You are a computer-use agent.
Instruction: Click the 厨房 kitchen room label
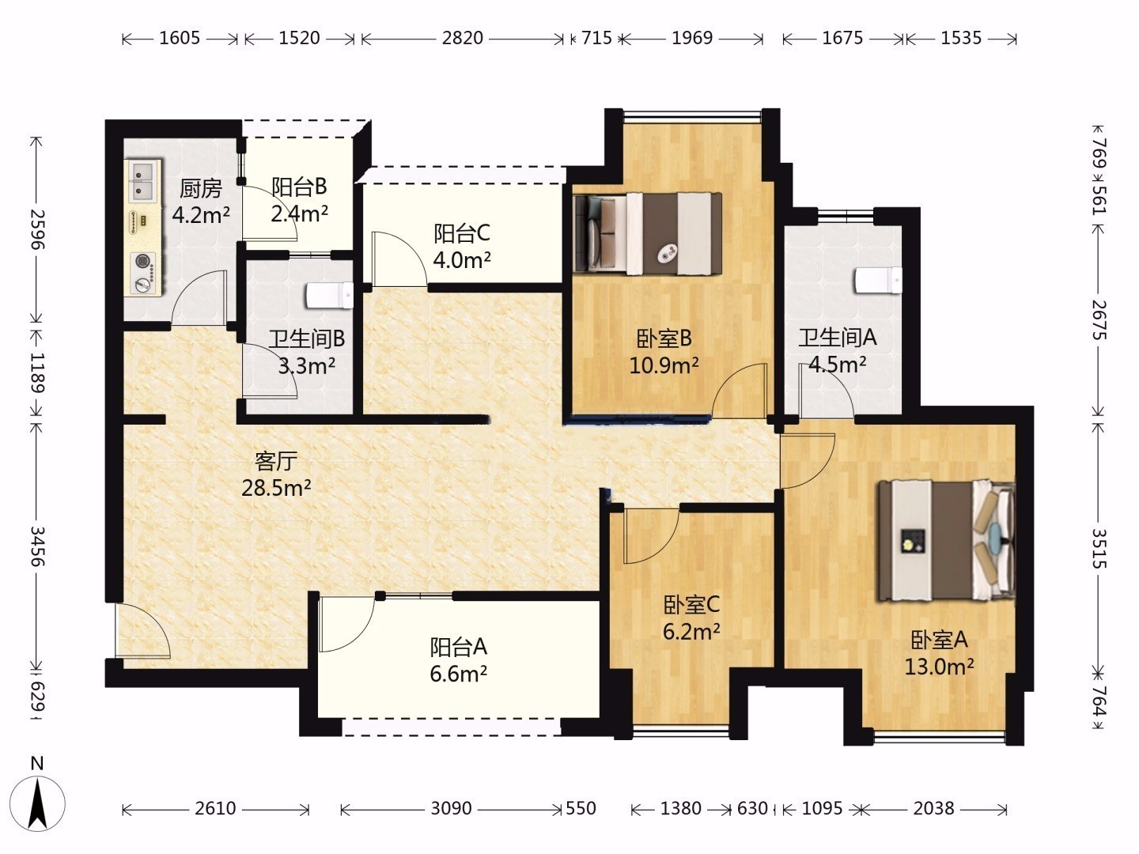point(201,189)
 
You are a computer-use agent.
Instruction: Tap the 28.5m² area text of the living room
point(276,487)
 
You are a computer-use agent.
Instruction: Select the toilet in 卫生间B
point(330,295)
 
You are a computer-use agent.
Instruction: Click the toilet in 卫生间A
point(878,281)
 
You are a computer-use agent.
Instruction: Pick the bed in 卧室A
point(947,541)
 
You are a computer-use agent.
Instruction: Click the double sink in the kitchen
point(141,181)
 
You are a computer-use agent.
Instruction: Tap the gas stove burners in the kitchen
point(143,273)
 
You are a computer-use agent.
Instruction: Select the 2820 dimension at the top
point(462,39)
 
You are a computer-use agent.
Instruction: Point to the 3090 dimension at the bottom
point(451,808)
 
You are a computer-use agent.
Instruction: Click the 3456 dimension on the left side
point(37,546)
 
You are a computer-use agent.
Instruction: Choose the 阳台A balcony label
point(458,647)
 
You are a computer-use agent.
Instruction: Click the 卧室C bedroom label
point(691,605)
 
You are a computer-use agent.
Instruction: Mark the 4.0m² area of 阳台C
point(462,260)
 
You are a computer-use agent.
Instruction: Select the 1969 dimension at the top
point(692,39)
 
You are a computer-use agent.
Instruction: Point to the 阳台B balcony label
point(300,187)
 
